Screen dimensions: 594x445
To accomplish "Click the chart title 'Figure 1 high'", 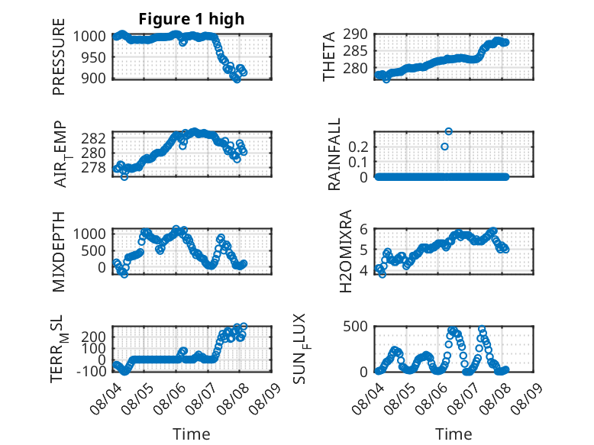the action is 192,19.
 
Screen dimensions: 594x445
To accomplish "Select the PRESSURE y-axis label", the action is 59,56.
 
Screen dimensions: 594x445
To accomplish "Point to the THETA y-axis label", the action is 329,56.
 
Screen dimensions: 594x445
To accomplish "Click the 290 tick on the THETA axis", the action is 355,34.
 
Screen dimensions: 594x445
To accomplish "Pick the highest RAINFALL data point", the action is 448,131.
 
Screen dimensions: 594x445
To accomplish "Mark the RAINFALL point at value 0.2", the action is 445,147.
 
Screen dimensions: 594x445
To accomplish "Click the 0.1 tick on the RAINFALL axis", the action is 357,162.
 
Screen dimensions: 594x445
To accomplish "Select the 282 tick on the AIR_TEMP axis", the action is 93,138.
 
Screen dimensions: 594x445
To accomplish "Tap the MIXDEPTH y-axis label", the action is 59,252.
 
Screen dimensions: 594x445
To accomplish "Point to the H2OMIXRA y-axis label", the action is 346,251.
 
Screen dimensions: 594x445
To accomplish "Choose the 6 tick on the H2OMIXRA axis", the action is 363,229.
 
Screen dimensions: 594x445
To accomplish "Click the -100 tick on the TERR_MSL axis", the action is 91,371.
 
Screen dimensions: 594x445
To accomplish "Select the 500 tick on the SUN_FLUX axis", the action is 355,327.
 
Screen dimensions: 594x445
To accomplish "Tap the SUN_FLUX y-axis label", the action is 300,348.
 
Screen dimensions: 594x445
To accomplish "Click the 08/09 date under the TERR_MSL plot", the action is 265,398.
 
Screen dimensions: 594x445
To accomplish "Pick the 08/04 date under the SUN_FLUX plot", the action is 367,398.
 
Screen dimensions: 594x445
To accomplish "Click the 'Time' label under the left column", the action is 192,434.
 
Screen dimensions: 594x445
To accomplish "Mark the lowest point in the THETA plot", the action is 386,79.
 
